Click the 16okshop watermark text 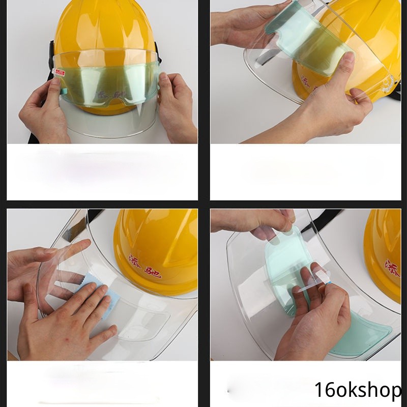(x=358, y=390)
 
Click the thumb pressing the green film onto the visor (x=347, y=66)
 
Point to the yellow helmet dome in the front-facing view (x=104, y=25)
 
